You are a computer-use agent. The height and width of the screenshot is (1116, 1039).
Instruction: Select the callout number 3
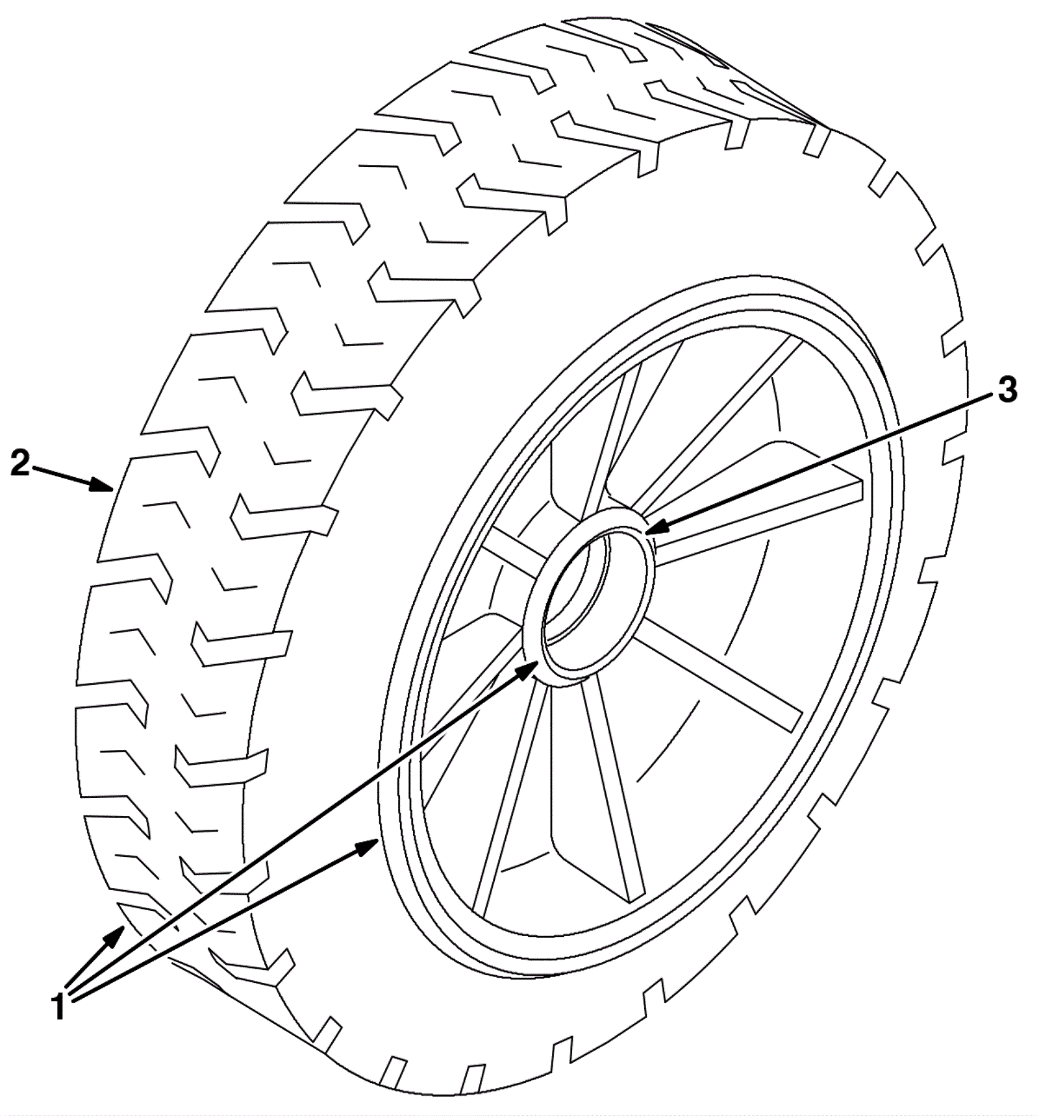pos(1006,390)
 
